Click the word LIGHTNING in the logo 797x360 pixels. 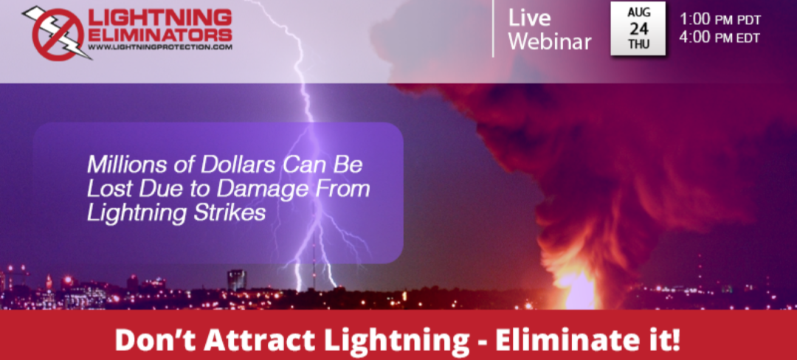pos(160,18)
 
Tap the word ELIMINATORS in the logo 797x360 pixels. pos(160,35)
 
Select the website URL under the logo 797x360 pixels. pos(160,46)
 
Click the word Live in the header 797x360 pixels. pos(529,18)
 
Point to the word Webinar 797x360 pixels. pos(550,41)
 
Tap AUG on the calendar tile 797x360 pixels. pos(638,13)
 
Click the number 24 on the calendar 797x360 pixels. pos(638,28)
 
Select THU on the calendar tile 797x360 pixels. pos(638,44)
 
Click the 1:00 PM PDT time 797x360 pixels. pos(720,19)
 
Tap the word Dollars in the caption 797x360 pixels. pos(212,165)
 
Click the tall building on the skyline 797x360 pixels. pos(236,280)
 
